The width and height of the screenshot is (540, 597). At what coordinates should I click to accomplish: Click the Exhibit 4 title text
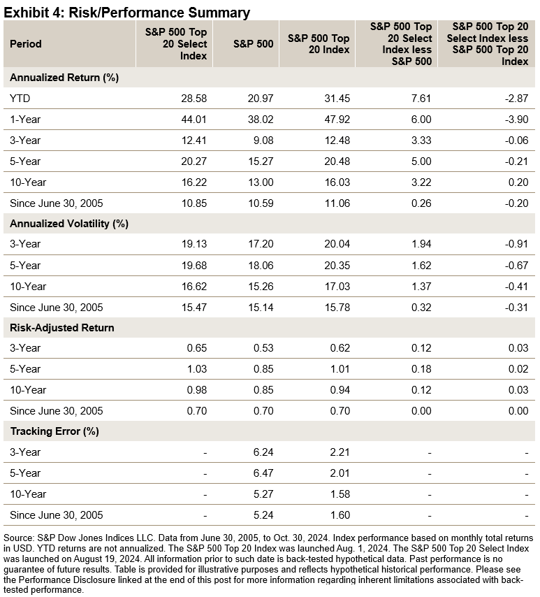(126, 12)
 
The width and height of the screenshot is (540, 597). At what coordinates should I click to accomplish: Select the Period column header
(26, 43)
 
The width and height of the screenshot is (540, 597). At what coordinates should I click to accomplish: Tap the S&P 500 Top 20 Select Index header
(175, 43)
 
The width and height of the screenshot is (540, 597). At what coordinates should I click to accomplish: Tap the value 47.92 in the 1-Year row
(337, 120)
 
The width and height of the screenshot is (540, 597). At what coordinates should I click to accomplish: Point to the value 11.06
(337, 203)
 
